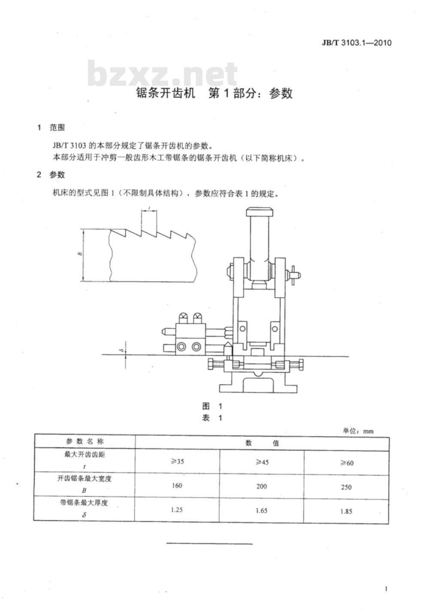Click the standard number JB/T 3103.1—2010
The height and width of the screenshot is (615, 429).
[x=357, y=43]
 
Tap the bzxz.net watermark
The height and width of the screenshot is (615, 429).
[x=163, y=73]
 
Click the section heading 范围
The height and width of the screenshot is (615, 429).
[x=57, y=127]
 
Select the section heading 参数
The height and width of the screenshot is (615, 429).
[x=57, y=175]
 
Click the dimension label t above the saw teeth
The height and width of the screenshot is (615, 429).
[x=149, y=208]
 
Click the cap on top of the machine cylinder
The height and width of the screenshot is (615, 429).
[x=260, y=212]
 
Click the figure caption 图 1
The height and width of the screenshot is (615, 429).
[x=212, y=406]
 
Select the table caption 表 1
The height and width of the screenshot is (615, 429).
[x=212, y=418]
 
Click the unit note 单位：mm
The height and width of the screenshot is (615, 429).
[x=358, y=431]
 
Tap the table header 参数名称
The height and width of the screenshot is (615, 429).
[x=85, y=441]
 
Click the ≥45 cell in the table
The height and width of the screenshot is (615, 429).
[x=262, y=462]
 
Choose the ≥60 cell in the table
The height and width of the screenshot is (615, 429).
[x=347, y=463]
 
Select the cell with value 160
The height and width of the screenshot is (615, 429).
[x=177, y=485]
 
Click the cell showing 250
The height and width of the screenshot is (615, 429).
[x=346, y=487]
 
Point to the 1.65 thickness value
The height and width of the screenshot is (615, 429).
[x=261, y=510]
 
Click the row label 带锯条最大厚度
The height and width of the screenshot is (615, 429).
[x=84, y=503]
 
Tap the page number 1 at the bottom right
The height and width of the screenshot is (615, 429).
[x=387, y=589]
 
